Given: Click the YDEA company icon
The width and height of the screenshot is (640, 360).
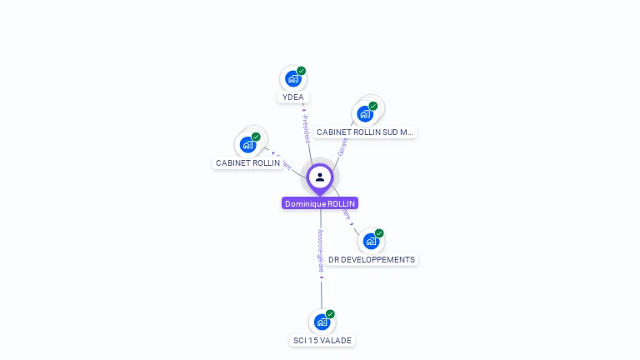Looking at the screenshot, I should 292,78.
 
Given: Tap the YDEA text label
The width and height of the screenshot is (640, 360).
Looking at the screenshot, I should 292,97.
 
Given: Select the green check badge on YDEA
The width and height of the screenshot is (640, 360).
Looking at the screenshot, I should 302,71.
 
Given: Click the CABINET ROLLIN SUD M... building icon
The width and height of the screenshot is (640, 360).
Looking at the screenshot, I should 364,113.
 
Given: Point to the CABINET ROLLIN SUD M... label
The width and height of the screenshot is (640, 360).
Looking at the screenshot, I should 365,132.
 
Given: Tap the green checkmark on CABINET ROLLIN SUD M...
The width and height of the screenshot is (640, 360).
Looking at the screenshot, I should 373,106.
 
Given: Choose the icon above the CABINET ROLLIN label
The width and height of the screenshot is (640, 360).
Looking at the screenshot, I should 247,144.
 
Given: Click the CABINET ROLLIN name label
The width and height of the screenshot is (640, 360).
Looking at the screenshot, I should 247,163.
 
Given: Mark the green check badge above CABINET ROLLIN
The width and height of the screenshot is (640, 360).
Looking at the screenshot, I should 256,137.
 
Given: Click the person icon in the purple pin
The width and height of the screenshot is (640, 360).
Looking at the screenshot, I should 320,177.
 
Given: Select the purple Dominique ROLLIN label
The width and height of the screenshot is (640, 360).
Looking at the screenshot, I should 320,203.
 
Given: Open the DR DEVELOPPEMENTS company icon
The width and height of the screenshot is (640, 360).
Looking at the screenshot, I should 371,241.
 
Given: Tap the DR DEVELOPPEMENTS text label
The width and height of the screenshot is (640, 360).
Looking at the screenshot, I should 372,260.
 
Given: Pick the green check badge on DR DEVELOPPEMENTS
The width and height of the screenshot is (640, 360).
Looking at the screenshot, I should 379,233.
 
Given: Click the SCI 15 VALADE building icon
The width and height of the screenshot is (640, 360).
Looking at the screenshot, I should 322,322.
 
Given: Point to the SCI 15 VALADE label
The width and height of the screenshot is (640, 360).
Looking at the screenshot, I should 322,341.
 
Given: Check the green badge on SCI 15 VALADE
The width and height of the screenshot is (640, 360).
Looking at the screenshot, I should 331,314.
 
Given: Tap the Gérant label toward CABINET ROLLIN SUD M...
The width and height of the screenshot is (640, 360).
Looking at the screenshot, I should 342,147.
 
